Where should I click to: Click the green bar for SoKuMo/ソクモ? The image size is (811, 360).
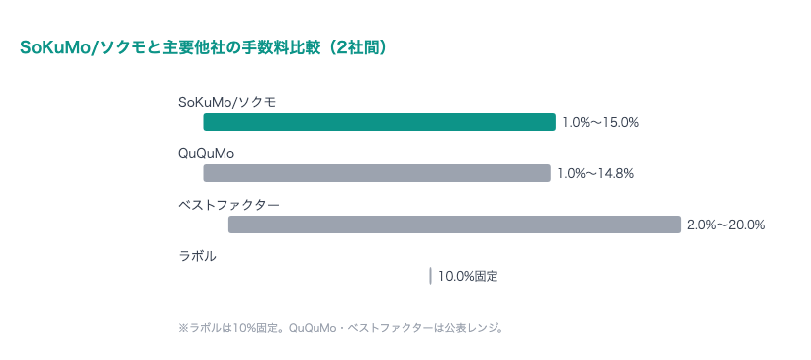coord(379,122)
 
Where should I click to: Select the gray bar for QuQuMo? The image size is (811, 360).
coord(376,173)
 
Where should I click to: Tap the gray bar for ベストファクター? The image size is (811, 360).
coord(455,225)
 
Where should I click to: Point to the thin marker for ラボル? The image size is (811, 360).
coord(430,276)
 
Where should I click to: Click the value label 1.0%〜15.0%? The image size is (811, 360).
coord(600,123)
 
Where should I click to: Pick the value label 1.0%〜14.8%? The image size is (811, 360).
coord(594,174)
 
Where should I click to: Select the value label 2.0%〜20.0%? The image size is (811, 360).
coord(726,225)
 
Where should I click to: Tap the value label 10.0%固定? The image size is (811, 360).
coord(468,277)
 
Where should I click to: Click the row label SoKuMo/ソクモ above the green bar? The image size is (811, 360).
coord(226,102)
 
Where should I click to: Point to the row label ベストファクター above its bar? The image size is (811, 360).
coord(228,205)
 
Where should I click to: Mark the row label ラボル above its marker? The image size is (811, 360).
coord(197,256)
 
